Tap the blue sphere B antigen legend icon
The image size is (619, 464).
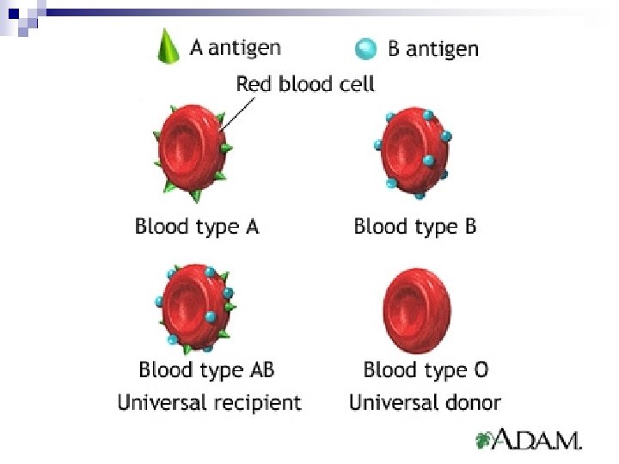coord(366,49)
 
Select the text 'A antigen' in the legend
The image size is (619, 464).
coord(235,46)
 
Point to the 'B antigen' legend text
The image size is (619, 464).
coord(432,48)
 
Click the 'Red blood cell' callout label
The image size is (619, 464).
coord(305,84)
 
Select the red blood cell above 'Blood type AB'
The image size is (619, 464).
coord(194,305)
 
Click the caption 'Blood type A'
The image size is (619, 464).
coord(197,227)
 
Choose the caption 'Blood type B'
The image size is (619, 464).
coord(414,227)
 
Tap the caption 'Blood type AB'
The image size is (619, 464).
coord(206,370)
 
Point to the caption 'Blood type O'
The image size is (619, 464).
coord(426,370)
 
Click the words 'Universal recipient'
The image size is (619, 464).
coord(210,402)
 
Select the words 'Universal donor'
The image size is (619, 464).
coord(425,402)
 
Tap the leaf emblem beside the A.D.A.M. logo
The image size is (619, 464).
coord(485,442)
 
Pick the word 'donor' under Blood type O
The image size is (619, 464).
coord(472,402)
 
